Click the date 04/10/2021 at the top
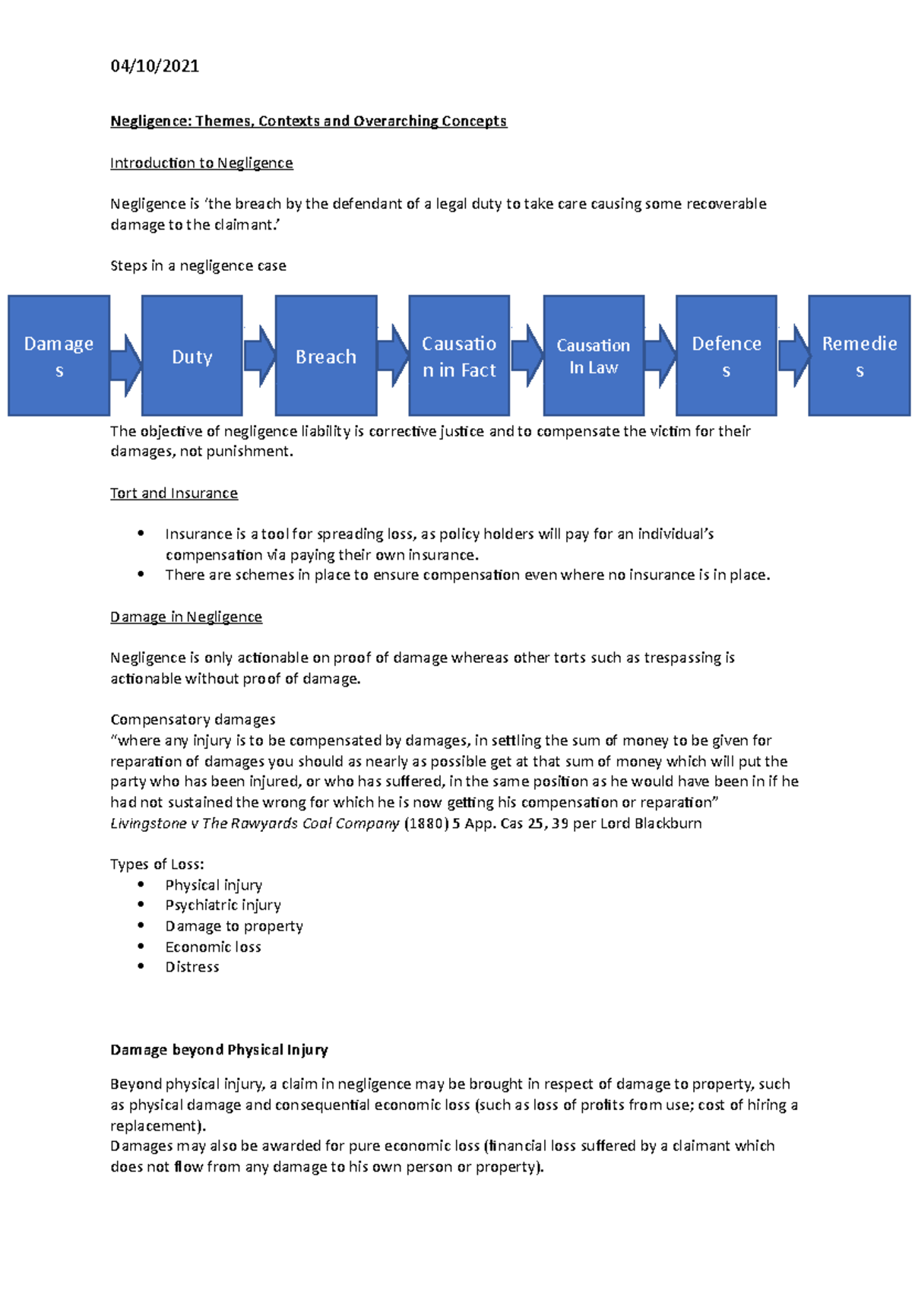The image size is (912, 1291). pyautogui.click(x=154, y=66)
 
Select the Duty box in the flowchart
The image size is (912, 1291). pyautogui.click(x=192, y=356)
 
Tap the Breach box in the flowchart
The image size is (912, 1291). pyautogui.click(x=325, y=356)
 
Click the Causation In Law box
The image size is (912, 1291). pyautogui.click(x=593, y=356)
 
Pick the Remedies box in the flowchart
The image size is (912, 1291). pyautogui.click(x=859, y=356)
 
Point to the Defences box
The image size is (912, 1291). pyautogui.click(x=726, y=356)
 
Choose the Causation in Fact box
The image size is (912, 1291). pyautogui.click(x=459, y=356)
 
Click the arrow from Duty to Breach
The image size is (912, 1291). pyautogui.click(x=259, y=356)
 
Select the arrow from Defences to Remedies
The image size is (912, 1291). pyautogui.click(x=793, y=356)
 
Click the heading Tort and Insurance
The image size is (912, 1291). pyautogui.click(x=173, y=493)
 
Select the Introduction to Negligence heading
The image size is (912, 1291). pyautogui.click(x=201, y=163)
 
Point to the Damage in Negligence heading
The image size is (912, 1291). pyautogui.click(x=185, y=617)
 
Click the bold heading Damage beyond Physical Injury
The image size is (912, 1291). pyautogui.click(x=219, y=1050)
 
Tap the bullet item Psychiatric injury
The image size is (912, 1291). pyautogui.click(x=223, y=905)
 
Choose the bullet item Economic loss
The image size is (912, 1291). pyautogui.click(x=213, y=947)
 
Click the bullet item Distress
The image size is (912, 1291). pyautogui.click(x=192, y=967)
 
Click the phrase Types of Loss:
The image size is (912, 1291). pyautogui.click(x=157, y=864)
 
